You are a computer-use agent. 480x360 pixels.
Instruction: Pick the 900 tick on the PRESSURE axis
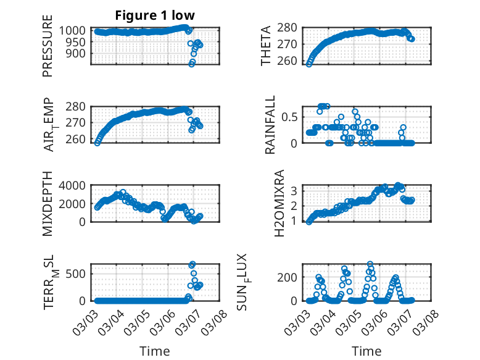pos(80,54)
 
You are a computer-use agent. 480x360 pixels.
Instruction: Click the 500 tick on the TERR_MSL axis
pos(80,274)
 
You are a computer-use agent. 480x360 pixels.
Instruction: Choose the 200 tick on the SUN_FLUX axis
pos(290,277)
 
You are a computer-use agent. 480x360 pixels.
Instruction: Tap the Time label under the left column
pos(154,351)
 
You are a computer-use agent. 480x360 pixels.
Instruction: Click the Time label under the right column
pos(366,351)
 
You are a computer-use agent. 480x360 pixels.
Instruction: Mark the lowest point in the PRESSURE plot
pos(192,64)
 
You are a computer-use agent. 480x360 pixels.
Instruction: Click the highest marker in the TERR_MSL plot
pos(192,264)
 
